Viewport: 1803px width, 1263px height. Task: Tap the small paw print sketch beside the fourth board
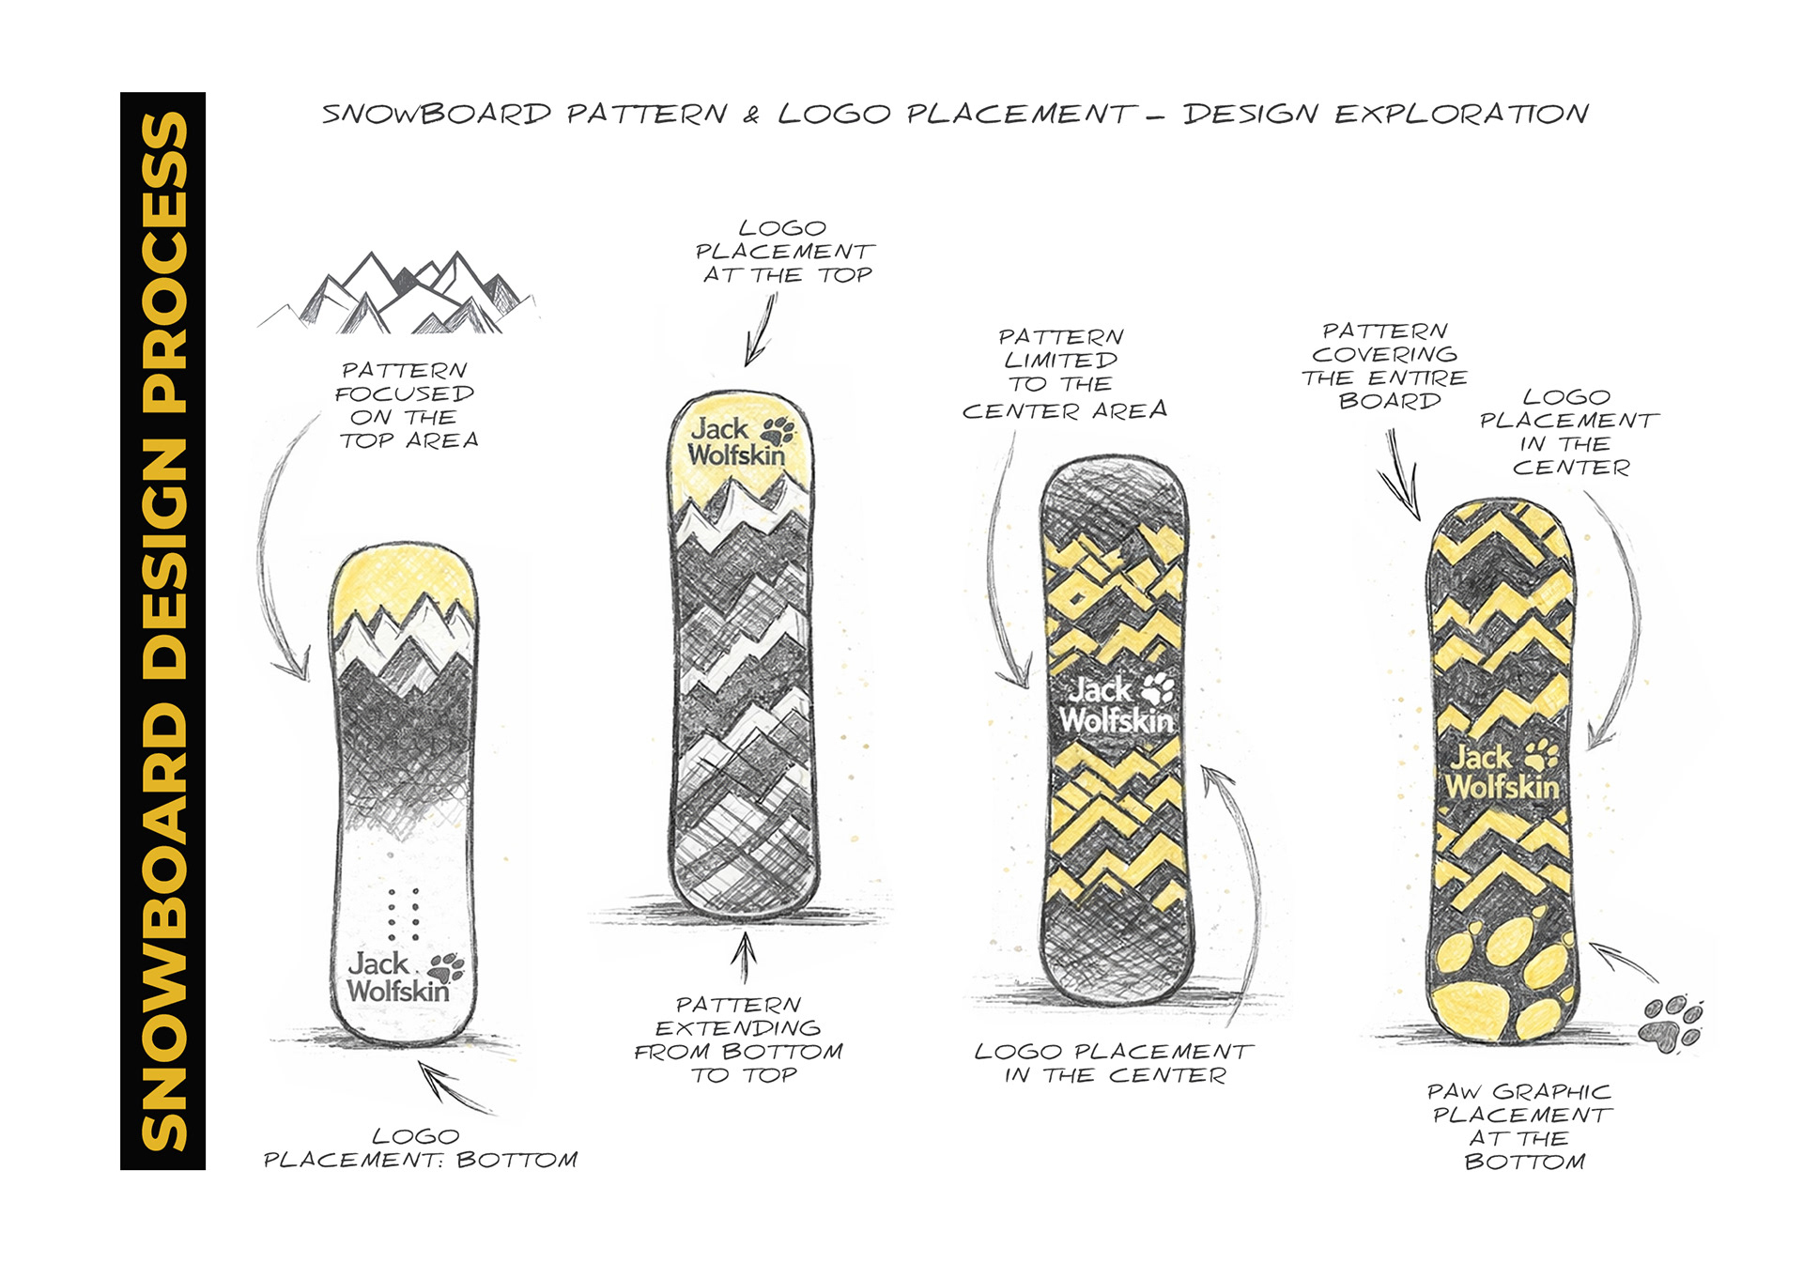pyautogui.click(x=1671, y=1023)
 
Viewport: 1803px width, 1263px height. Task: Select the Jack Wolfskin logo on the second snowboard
pyautogui.click(x=740, y=441)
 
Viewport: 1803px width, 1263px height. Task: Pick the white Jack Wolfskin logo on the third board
pyautogui.click(x=1117, y=705)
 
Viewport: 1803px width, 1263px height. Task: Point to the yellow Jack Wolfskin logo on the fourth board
pyautogui.click(x=1502, y=772)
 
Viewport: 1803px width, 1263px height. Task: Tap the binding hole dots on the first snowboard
pyautogui.click(x=405, y=914)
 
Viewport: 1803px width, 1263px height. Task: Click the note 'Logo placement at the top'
pyautogui.click(x=784, y=252)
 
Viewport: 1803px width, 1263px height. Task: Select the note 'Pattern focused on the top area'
pyautogui.click(x=408, y=406)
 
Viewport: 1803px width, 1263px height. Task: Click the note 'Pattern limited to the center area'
pyautogui.click(x=1064, y=374)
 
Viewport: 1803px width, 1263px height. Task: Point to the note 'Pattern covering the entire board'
pyautogui.click(x=1384, y=366)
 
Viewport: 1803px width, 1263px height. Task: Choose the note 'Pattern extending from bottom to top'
pyautogui.click(x=739, y=1040)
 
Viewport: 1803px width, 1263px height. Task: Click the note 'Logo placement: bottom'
pyautogui.click(x=420, y=1148)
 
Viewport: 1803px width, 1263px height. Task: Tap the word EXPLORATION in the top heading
pyautogui.click(x=1461, y=115)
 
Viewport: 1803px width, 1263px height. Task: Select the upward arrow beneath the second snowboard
pyautogui.click(x=744, y=958)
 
